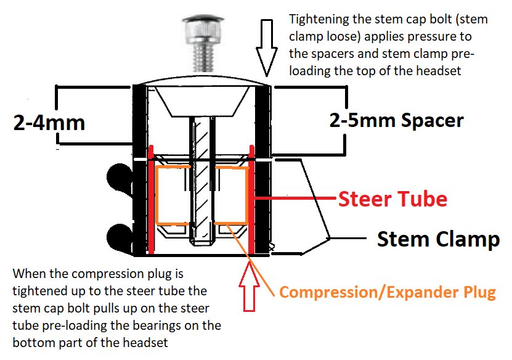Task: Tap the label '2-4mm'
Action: [49, 123]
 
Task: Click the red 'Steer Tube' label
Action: [392, 199]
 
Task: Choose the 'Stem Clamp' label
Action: [438, 239]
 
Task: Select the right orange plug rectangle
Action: [232, 194]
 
